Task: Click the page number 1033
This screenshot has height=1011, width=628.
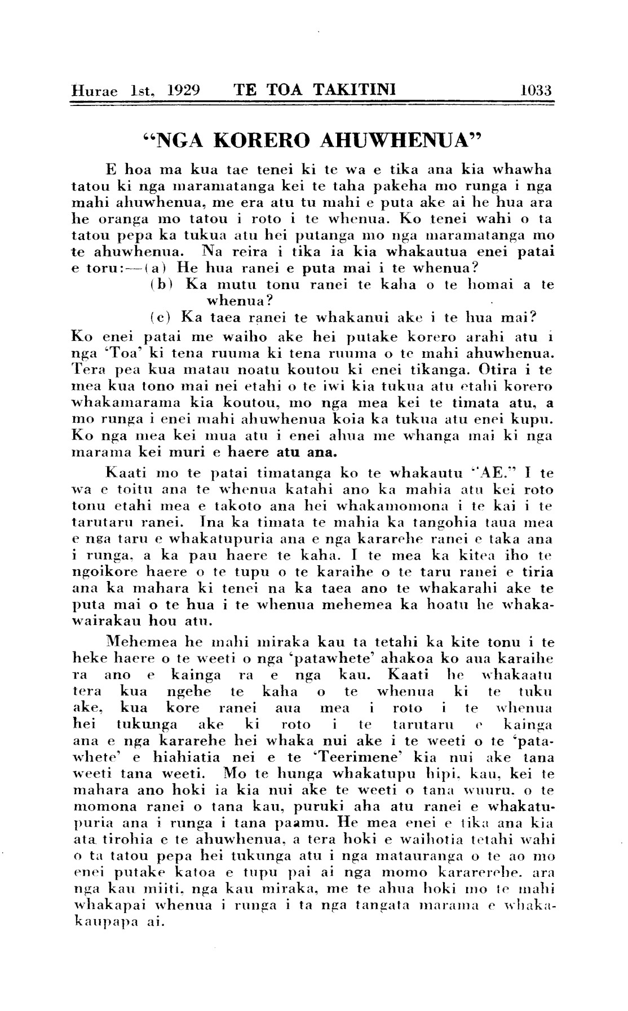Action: tap(536, 90)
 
